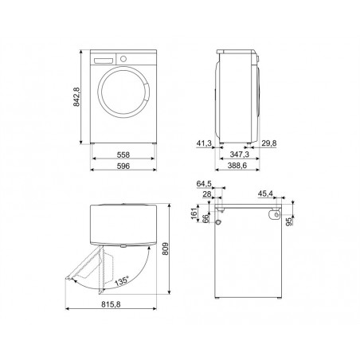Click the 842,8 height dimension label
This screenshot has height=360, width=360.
pyautogui.click(x=76, y=97)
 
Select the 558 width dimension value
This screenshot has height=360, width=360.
pyautogui.click(x=123, y=155)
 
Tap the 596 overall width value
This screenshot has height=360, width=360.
pyautogui.click(x=123, y=166)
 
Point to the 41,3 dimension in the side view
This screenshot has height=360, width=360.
pyautogui.click(x=204, y=143)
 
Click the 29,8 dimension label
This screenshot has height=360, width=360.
pyautogui.click(x=269, y=143)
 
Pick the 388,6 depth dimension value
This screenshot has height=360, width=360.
pyautogui.click(x=237, y=166)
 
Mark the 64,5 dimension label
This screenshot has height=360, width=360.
pyautogui.click(x=204, y=184)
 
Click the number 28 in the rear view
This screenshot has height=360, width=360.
pyautogui.click(x=207, y=194)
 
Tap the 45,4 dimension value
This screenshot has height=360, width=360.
pyautogui.click(x=265, y=194)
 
